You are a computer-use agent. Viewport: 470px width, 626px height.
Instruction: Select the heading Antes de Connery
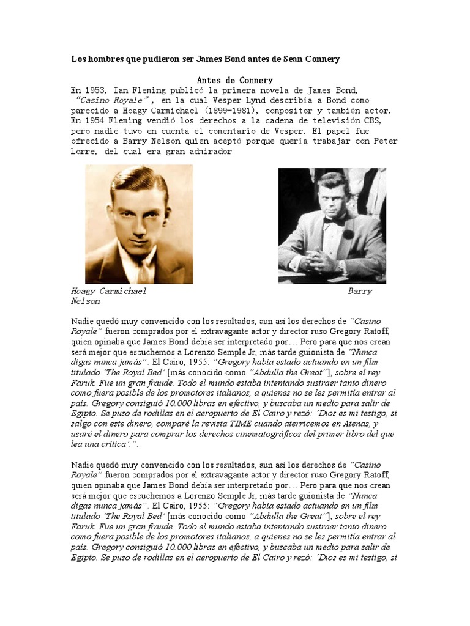coord(235,80)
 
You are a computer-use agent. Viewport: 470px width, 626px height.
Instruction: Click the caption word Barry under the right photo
coord(360,292)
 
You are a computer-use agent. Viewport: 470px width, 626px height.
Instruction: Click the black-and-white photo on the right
coord(332,226)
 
